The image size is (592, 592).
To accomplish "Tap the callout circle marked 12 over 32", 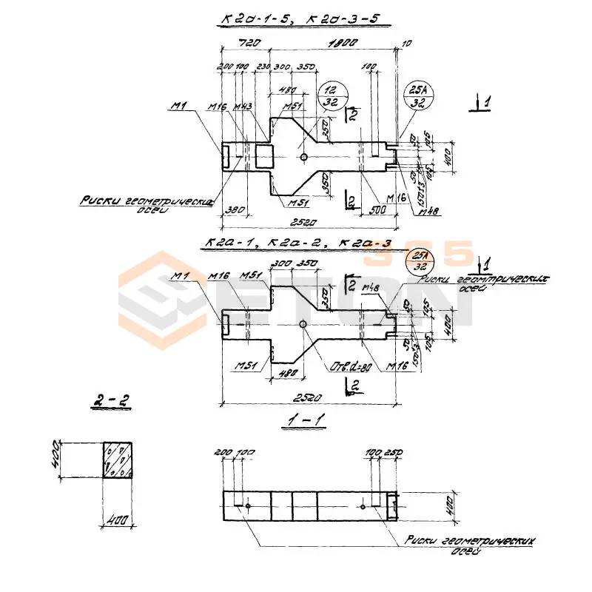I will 330,97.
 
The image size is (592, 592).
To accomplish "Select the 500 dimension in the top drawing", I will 377,211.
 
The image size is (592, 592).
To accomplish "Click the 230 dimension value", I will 263,67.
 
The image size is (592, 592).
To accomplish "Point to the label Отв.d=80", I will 351,368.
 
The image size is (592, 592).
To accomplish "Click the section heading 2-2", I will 111,401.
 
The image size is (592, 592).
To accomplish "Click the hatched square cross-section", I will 118,460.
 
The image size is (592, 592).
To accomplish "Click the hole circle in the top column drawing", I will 305,156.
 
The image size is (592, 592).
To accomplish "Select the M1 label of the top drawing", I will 178,106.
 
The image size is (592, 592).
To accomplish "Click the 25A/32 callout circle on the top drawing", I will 419,96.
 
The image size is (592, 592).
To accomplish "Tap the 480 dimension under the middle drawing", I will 289,374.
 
